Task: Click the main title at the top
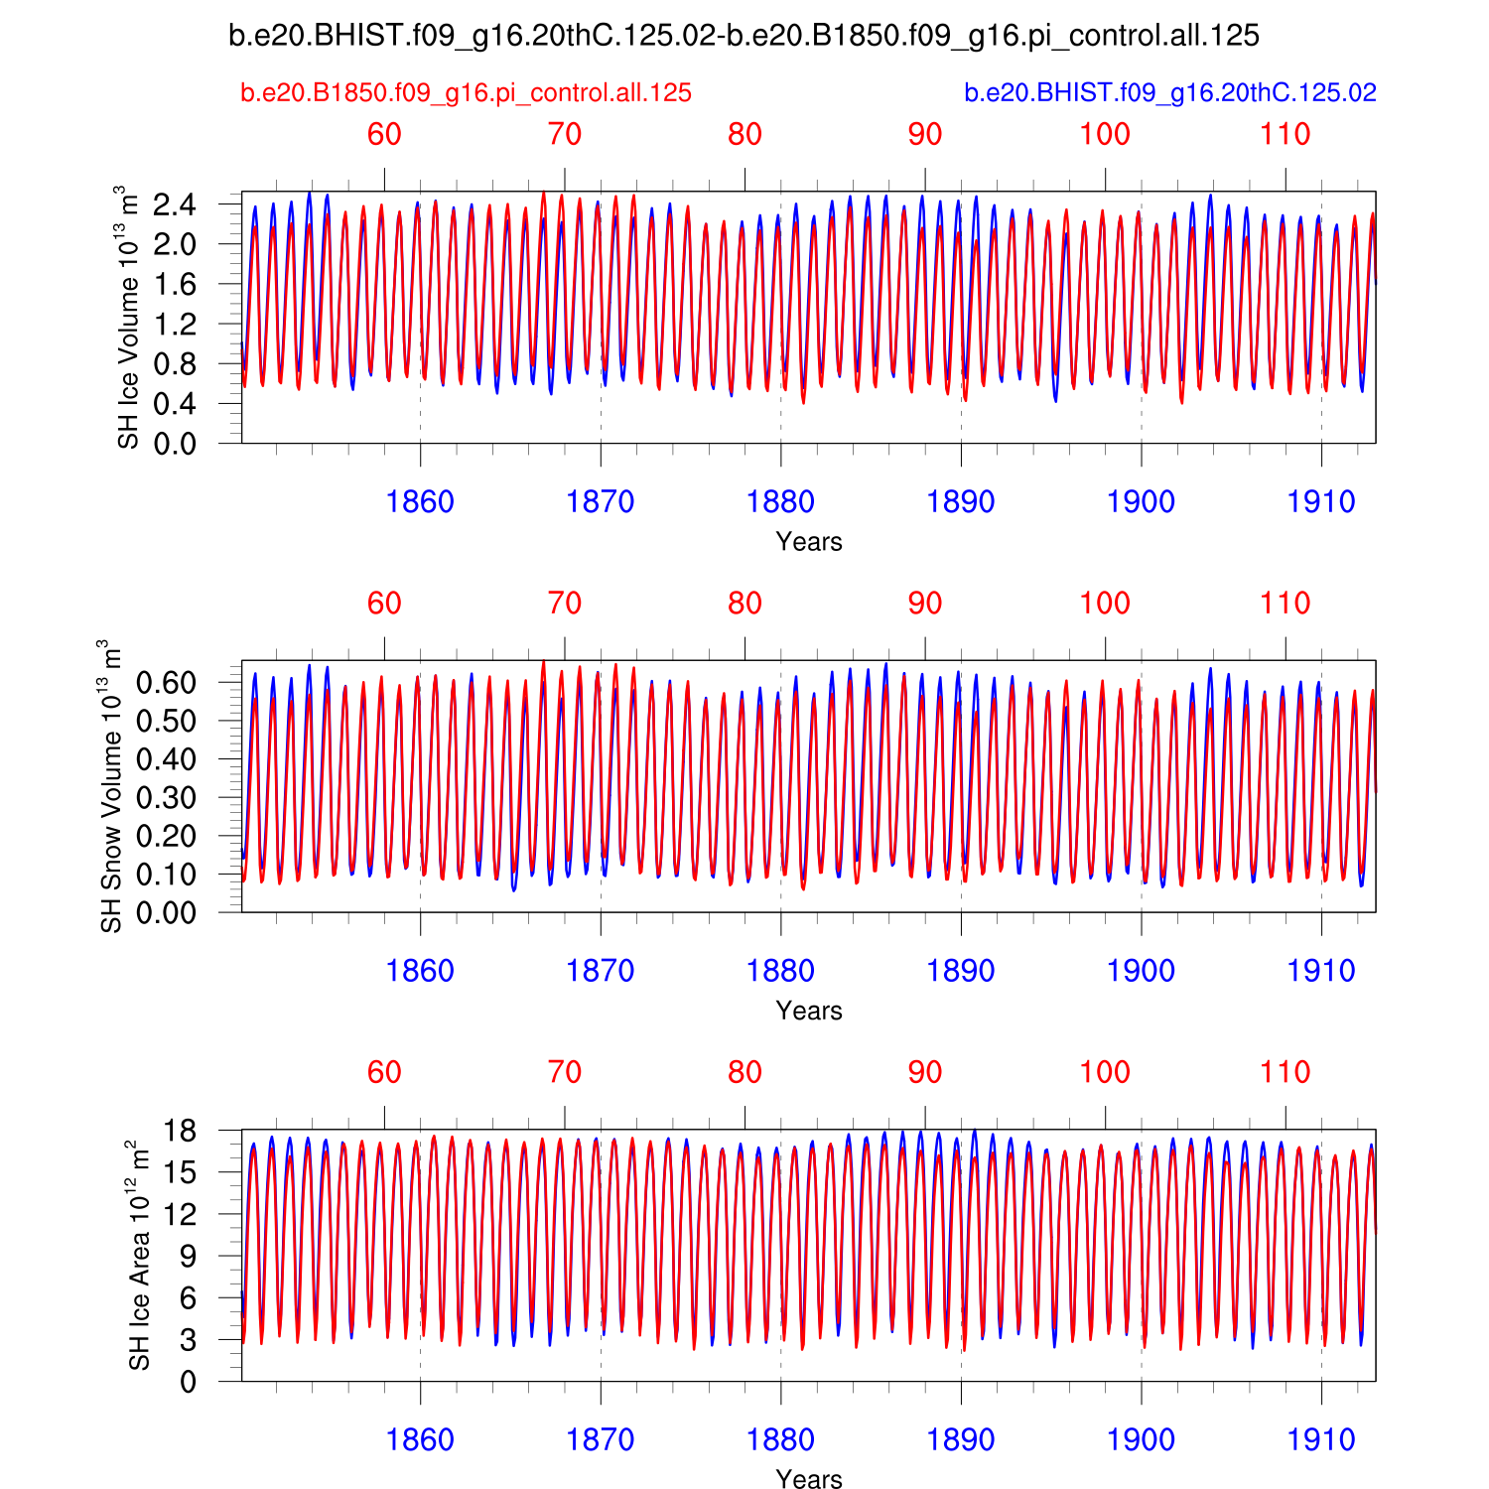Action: tap(744, 37)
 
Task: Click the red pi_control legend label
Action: tap(466, 93)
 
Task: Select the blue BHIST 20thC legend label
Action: tap(1170, 93)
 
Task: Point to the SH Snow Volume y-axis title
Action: tap(111, 786)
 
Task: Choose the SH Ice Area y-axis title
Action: tap(139, 1256)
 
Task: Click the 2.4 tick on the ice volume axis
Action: tap(175, 205)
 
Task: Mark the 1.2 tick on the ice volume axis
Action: tap(175, 325)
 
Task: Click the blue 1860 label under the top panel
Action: tap(420, 502)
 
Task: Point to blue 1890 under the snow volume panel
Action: tap(961, 971)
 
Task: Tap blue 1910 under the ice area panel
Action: tap(1321, 1440)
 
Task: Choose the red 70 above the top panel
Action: tap(565, 135)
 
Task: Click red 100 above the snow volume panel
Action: tap(1105, 604)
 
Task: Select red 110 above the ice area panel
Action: tap(1286, 1073)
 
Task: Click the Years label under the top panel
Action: tap(809, 542)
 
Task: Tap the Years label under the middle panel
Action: tap(809, 1011)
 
